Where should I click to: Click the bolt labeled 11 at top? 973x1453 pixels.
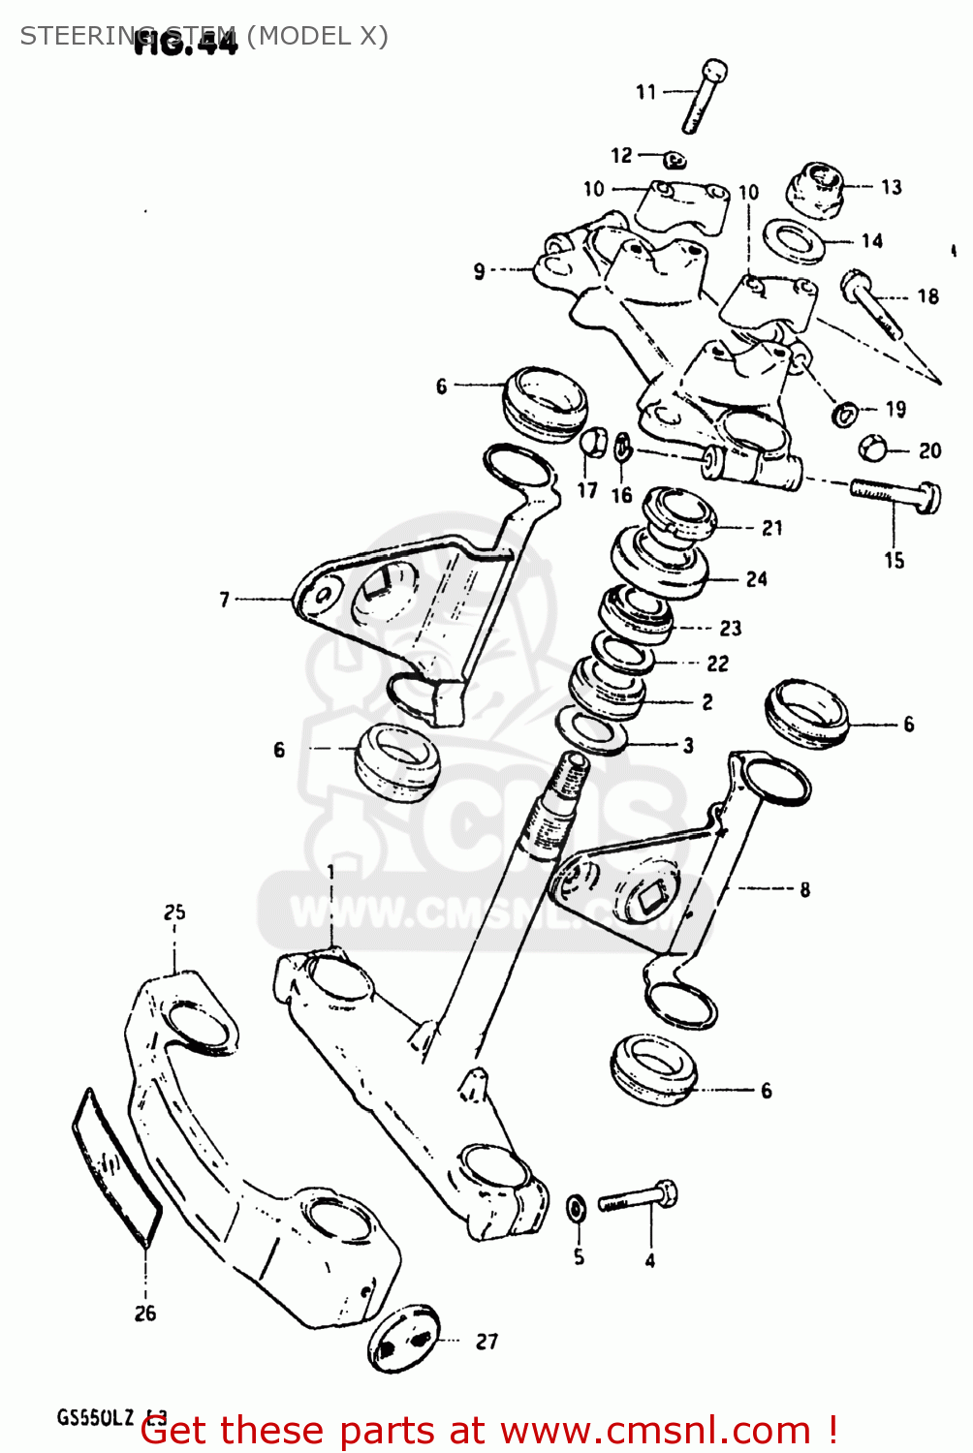pyautogui.click(x=705, y=96)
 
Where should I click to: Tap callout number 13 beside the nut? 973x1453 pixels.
pyautogui.click(x=892, y=187)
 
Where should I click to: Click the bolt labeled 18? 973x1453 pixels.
pyautogui.click(x=874, y=304)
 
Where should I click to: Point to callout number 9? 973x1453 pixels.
pyautogui.click(x=479, y=271)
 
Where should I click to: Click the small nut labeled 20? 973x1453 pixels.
pyautogui.click(x=872, y=448)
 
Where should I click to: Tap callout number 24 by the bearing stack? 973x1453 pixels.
pyautogui.click(x=757, y=579)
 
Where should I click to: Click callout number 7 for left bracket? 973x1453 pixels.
pyautogui.click(x=225, y=600)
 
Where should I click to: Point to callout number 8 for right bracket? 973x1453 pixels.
pyautogui.click(x=805, y=889)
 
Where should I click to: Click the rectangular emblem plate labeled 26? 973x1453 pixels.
pyautogui.click(x=116, y=1167)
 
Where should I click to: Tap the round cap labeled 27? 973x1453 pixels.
pyautogui.click(x=404, y=1339)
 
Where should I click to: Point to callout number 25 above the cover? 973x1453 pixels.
pyautogui.click(x=174, y=912)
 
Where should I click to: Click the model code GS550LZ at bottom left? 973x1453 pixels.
pyautogui.click(x=95, y=1418)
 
